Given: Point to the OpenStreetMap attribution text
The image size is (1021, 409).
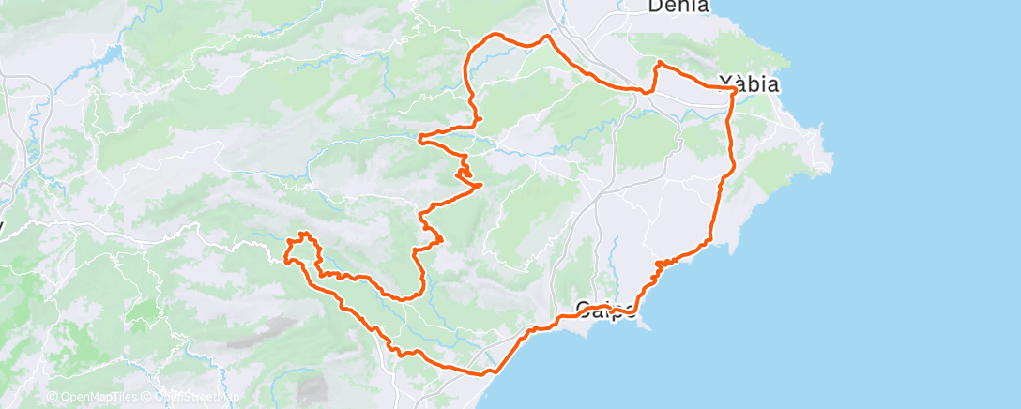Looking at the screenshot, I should (193, 398).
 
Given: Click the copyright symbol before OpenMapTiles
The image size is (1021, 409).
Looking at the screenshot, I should (52, 398).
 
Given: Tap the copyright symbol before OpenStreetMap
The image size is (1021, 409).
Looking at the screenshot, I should (147, 398).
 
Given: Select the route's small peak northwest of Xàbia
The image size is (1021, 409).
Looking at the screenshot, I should (660, 63).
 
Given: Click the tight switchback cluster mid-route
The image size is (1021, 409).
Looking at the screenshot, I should (464, 169).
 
